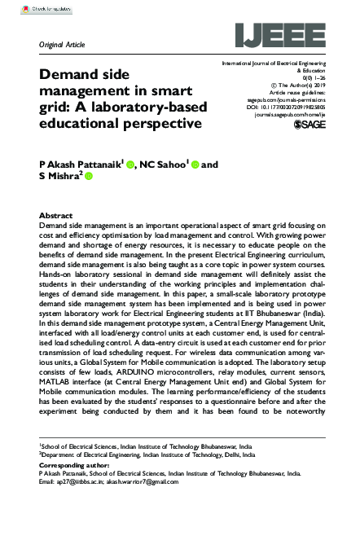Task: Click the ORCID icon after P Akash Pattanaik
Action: tap(130, 165)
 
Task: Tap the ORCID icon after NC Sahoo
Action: tap(195, 165)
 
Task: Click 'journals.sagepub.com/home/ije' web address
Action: tap(290, 116)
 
